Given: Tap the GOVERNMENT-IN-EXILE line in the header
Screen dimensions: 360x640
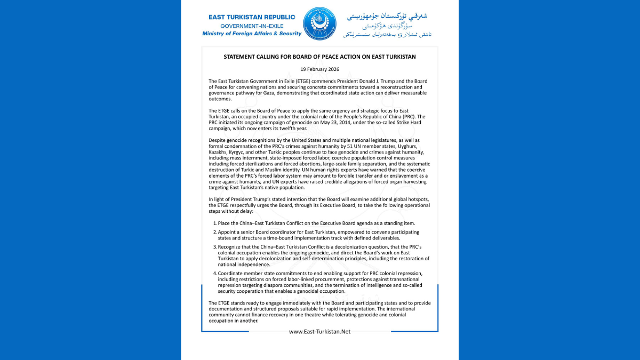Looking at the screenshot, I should [252, 26].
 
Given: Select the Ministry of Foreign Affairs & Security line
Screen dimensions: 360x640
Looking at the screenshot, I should [252, 34].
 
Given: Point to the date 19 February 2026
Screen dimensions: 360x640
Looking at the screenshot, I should [319, 69].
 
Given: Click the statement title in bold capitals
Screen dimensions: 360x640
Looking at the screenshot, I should [319, 57].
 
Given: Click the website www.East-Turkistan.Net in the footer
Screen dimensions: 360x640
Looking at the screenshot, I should [320, 332].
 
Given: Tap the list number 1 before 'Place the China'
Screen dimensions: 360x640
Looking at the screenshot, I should [214, 223].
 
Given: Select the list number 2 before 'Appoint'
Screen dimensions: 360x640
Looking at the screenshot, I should [214, 233].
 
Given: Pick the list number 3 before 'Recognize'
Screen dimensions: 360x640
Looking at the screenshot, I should [214, 247].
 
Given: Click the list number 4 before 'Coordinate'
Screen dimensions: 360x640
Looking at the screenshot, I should [214, 273].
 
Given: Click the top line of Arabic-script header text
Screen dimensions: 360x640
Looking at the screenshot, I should [387, 15].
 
